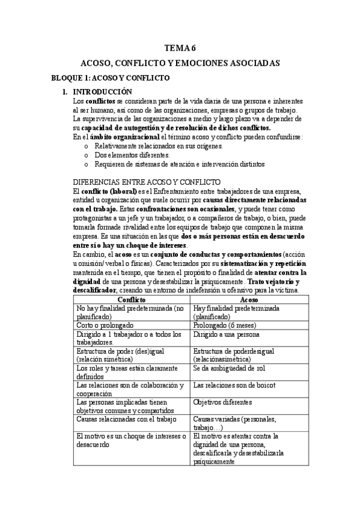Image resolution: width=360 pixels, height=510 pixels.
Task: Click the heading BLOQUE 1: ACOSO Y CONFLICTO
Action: pyautogui.click(x=110, y=78)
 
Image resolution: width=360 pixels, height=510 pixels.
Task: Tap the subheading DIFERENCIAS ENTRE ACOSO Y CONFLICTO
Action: pyautogui.click(x=147, y=182)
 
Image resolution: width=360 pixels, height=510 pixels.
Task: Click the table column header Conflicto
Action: pyautogui.click(x=131, y=299)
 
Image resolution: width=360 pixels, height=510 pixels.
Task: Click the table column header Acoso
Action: pyautogui.click(x=249, y=299)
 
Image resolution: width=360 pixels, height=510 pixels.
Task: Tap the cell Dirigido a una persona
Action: pyautogui.click(x=228, y=334)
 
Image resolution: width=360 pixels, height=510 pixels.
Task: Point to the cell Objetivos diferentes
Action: pyautogui.click(x=223, y=401)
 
